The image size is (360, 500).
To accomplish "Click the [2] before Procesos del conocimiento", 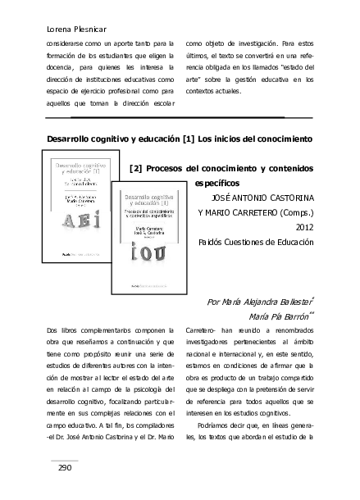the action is click(137, 168).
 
